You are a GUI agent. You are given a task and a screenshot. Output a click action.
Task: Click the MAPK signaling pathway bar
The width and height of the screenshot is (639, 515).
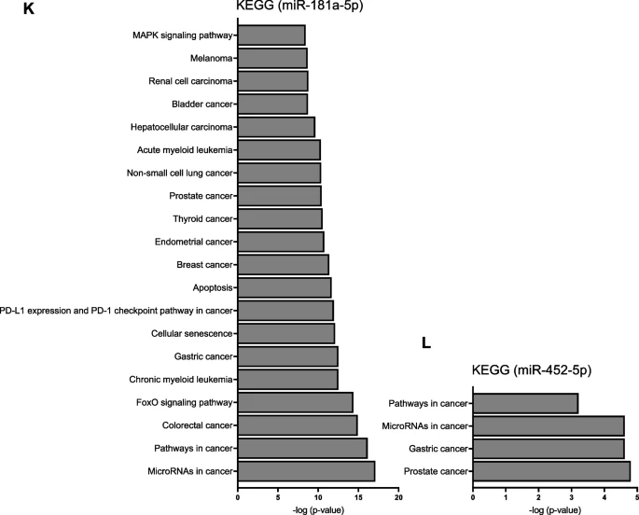(x=271, y=35)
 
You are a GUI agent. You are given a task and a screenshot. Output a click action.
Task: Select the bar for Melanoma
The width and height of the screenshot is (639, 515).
(x=272, y=58)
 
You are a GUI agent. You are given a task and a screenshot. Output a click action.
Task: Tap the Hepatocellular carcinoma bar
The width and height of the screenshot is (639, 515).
(x=276, y=126)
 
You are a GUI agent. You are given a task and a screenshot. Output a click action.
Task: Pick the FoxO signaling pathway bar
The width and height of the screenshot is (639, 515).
(x=295, y=402)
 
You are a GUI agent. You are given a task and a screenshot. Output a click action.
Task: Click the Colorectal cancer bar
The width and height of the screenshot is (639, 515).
(x=298, y=425)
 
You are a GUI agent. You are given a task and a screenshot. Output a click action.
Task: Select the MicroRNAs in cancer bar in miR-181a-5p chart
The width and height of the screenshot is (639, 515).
(x=306, y=471)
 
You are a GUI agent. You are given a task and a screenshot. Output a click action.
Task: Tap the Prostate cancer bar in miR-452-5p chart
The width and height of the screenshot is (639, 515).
(x=551, y=471)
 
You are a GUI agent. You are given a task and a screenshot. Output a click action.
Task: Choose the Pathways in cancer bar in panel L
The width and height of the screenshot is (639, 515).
(x=525, y=403)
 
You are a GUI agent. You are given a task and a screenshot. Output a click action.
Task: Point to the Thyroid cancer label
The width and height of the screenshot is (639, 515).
(x=202, y=218)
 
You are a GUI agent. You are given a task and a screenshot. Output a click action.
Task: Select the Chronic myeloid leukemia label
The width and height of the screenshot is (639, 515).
(x=181, y=379)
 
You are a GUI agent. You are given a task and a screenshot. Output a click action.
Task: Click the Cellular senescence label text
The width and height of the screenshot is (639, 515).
(x=190, y=333)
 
